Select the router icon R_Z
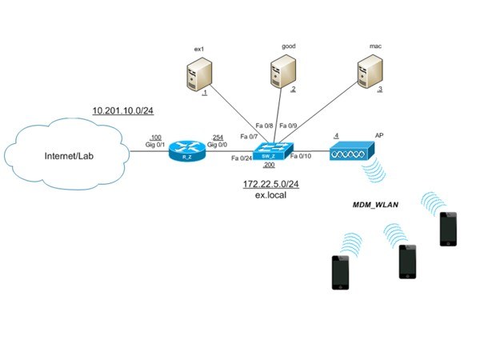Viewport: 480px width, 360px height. click(x=187, y=153)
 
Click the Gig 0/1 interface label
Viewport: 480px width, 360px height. click(x=154, y=144)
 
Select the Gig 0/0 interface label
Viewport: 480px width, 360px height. click(x=217, y=144)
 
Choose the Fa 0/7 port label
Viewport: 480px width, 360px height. click(x=249, y=136)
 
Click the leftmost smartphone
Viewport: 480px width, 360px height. click(x=342, y=273)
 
